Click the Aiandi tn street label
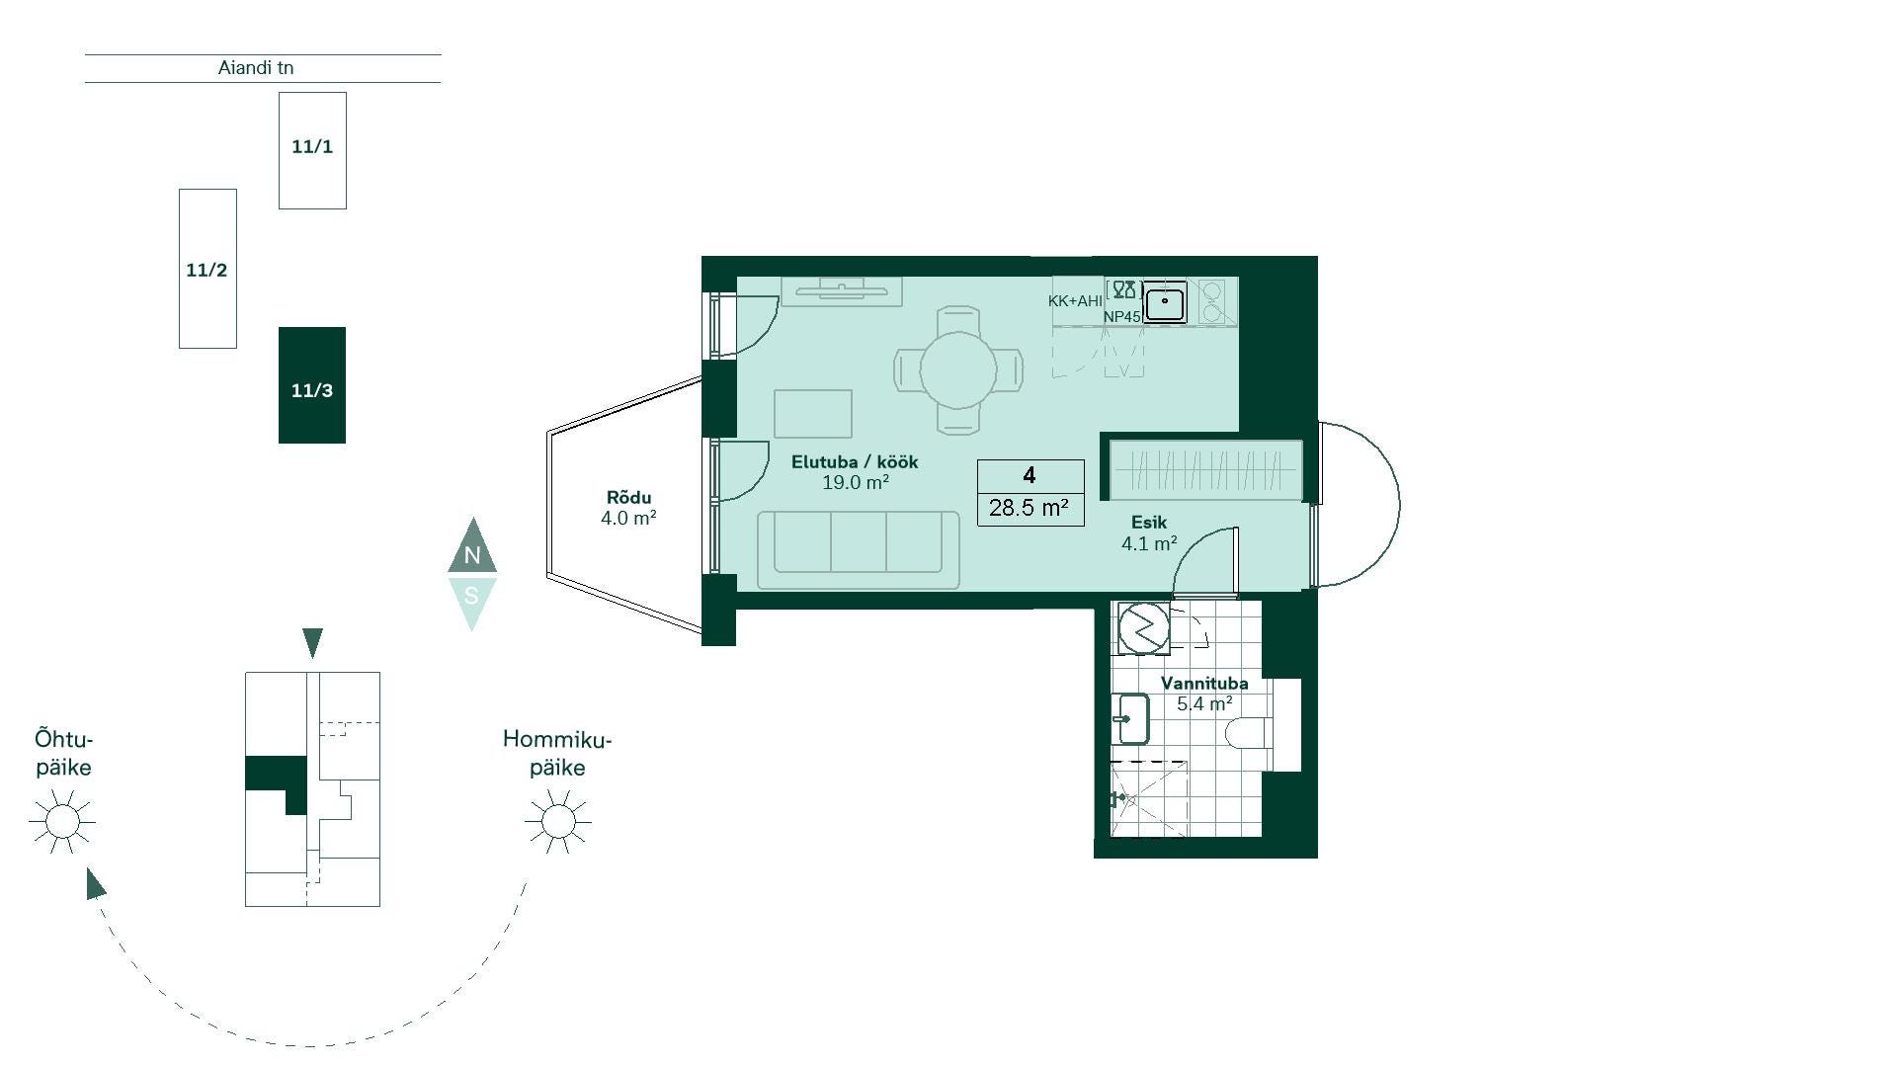pos(256,68)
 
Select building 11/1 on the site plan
pos(312,150)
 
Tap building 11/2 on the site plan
pos(207,269)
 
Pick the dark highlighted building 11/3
pos(312,385)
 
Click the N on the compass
pos(472,555)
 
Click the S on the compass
pos(471,596)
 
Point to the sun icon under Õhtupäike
pos(62,821)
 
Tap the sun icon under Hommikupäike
pos(558,821)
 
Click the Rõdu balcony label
pos(629,498)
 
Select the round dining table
pos(958,370)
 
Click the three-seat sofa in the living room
pos(859,550)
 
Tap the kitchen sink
pos(1166,301)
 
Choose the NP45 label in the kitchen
pos(1122,317)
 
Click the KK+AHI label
pos(1075,301)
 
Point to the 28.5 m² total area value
pos(1029,508)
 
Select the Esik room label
pos(1149,523)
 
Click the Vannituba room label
pos(1204,684)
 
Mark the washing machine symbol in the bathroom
pos(1144,627)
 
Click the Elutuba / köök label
pos(855,462)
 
